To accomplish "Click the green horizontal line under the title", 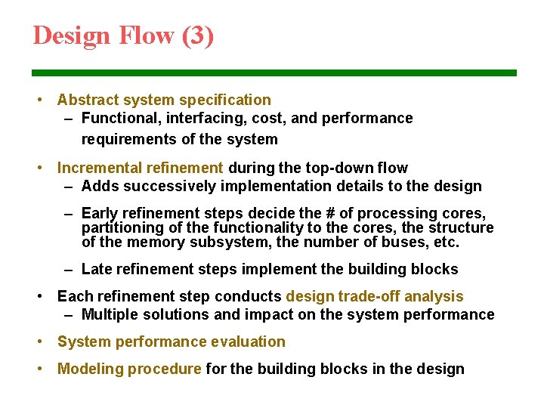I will tap(274, 73).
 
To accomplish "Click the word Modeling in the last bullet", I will tap(90, 369).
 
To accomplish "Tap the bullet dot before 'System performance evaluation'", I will tap(39, 342).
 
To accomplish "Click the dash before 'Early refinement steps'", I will tap(68, 214).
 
